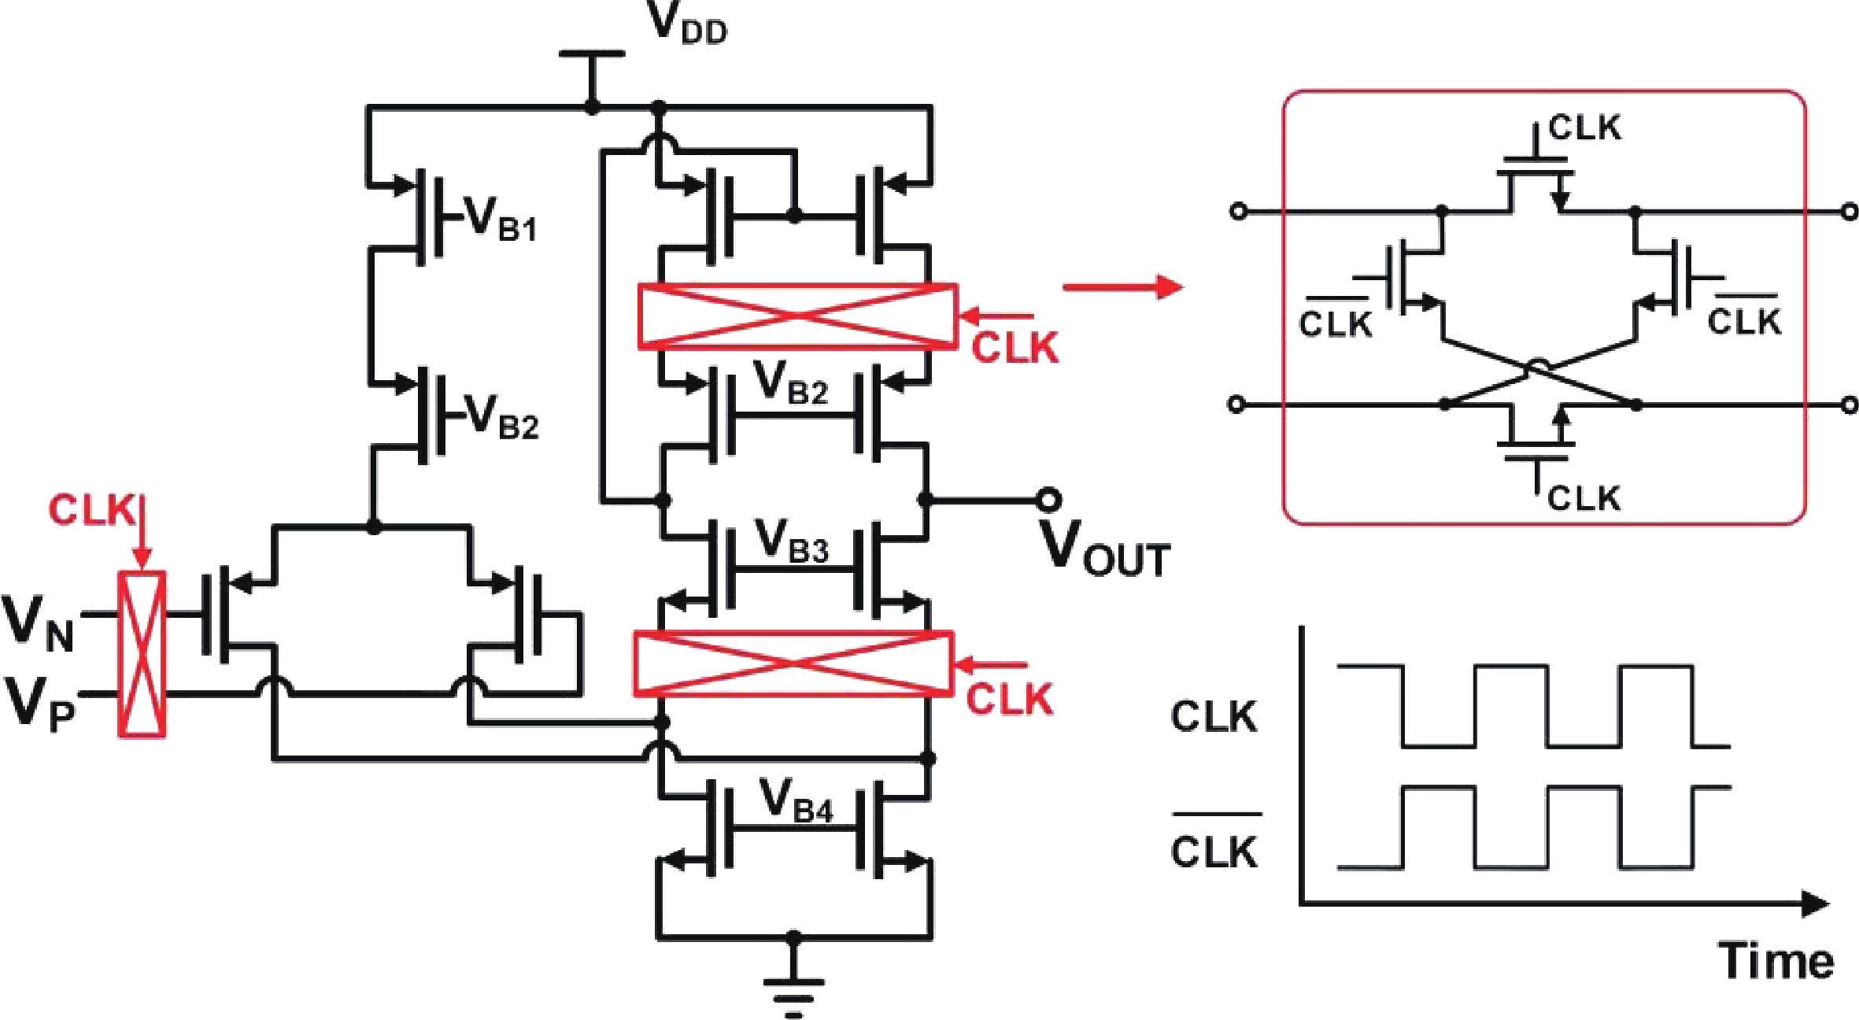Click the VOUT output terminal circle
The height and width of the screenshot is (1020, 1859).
(x=1048, y=499)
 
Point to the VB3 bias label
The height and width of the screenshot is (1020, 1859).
(x=791, y=541)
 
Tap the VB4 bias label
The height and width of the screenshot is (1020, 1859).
(x=795, y=801)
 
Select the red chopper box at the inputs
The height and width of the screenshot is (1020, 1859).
(x=142, y=654)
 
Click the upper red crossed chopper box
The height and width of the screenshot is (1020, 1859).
(x=797, y=316)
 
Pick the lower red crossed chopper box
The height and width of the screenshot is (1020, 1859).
(x=793, y=663)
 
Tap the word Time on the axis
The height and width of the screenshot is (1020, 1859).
(x=1776, y=961)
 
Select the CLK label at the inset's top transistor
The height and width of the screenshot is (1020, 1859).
(x=1584, y=128)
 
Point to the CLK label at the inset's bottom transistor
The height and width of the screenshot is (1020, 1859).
(x=1584, y=498)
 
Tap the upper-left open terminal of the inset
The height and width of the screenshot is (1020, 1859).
(x=1238, y=211)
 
